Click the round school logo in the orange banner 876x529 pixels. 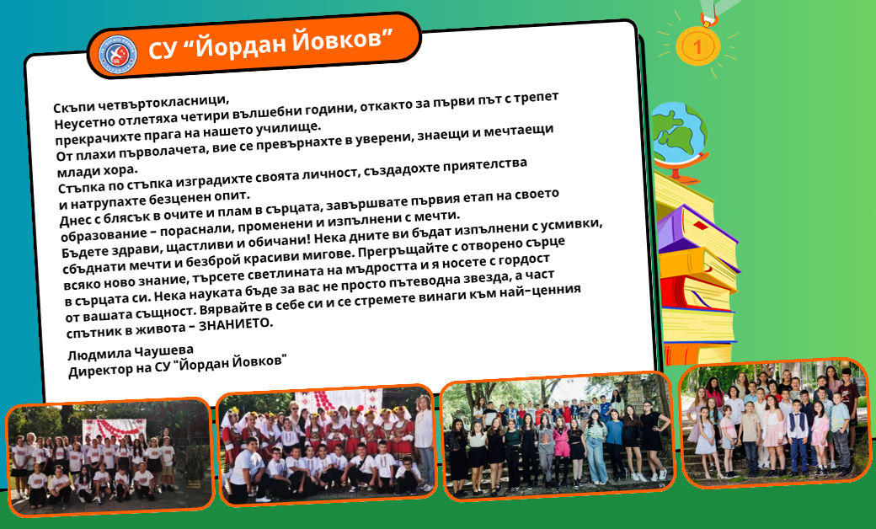pos(118,54)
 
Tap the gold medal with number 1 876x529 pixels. pos(697,45)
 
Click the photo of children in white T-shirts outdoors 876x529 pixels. pos(109,456)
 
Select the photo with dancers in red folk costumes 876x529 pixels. pos(327,445)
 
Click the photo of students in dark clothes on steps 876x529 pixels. pos(558,435)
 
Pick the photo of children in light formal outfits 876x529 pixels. pos(774,422)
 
